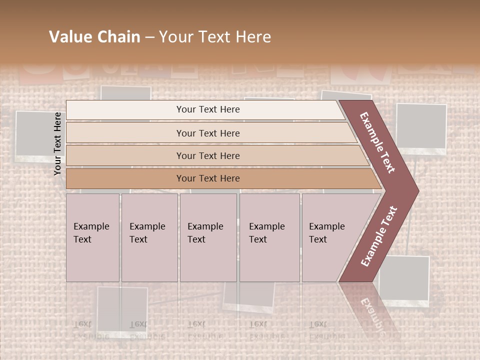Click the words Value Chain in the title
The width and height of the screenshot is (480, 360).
click(x=94, y=37)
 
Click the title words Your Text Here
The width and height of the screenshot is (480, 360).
click(x=215, y=37)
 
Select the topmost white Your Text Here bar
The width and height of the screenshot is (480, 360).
click(x=208, y=109)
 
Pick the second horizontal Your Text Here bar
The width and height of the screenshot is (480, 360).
click(x=208, y=133)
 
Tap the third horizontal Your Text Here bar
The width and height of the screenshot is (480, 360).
click(x=208, y=155)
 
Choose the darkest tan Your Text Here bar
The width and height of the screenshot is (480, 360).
click(x=208, y=178)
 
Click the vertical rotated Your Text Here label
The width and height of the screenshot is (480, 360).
click(x=57, y=143)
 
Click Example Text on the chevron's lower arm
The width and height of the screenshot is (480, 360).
click(x=379, y=236)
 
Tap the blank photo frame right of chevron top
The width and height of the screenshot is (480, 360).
click(x=421, y=127)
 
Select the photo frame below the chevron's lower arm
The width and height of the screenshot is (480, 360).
click(x=404, y=280)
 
